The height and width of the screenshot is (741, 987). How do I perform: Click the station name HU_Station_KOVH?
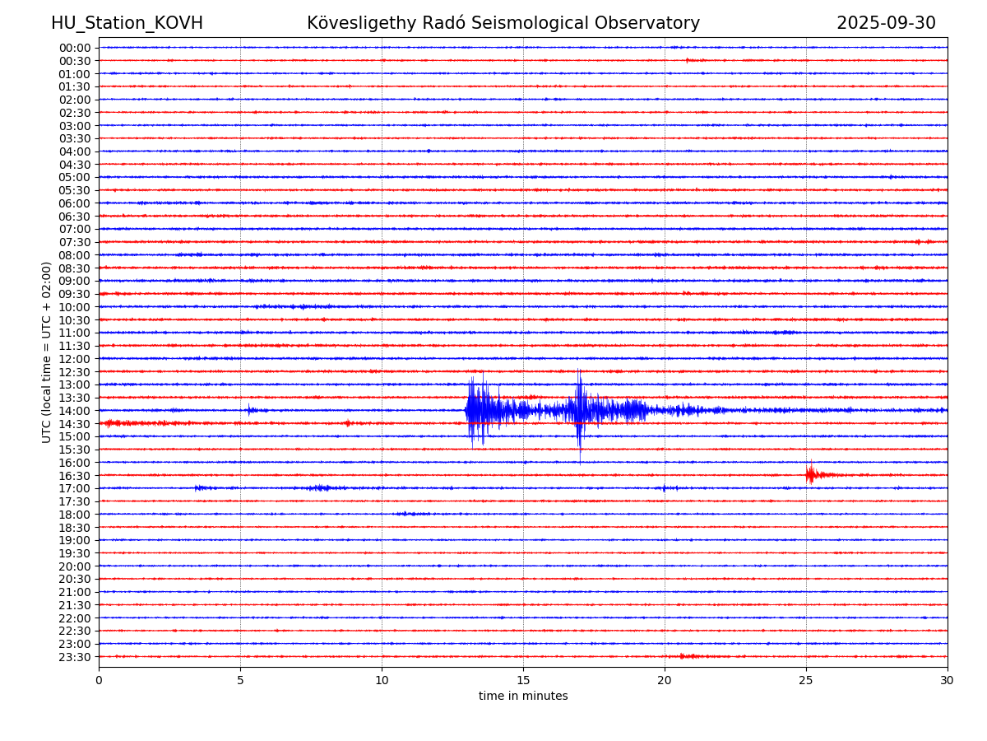pos(127,23)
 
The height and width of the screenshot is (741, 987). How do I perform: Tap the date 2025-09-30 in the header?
pos(886,23)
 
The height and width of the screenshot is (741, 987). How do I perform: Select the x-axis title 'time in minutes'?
pos(523,697)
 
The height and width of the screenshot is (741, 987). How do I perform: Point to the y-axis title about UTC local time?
pos(47,352)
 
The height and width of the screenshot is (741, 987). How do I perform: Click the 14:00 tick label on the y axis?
pos(74,411)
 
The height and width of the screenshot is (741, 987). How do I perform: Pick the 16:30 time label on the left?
pos(74,476)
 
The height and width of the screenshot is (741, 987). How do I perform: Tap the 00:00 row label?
pos(74,48)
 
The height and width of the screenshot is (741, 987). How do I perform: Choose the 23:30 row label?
pos(74,657)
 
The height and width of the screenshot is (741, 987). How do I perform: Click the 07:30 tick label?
pos(74,242)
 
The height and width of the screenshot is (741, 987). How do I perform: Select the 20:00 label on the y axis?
pos(74,566)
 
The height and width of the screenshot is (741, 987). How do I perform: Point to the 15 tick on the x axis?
pos(523,680)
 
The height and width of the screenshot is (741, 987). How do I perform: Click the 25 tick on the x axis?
pos(806,680)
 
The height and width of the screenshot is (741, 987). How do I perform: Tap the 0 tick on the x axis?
pos(99,680)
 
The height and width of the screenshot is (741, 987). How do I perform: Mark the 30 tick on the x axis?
pos(948,680)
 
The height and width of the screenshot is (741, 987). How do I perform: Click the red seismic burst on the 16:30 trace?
pos(811,474)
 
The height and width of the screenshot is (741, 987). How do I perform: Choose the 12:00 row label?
pos(74,359)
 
